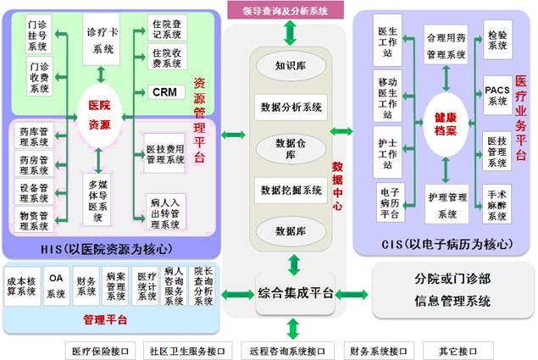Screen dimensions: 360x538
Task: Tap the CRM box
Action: (166, 91)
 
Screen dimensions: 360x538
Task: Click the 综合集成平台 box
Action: (295, 294)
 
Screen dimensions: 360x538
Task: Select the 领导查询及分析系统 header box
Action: (286, 10)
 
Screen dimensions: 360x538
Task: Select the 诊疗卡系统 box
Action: (104, 40)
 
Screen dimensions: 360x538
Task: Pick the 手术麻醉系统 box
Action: (497, 203)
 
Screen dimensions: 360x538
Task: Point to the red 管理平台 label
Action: (106, 320)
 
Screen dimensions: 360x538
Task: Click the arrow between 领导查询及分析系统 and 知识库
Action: (291, 32)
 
